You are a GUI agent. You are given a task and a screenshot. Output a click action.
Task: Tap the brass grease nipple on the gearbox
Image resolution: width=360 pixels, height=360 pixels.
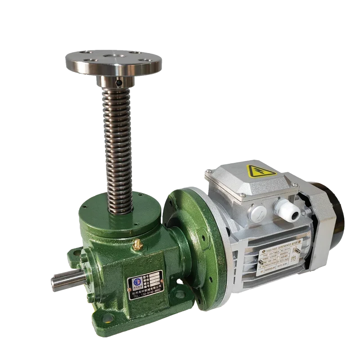pos(137,244)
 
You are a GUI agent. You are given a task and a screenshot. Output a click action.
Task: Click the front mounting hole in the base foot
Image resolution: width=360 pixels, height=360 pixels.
pos(106,319)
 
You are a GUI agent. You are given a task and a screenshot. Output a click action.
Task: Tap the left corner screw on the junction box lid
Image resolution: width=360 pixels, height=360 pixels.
pos(208,172)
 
